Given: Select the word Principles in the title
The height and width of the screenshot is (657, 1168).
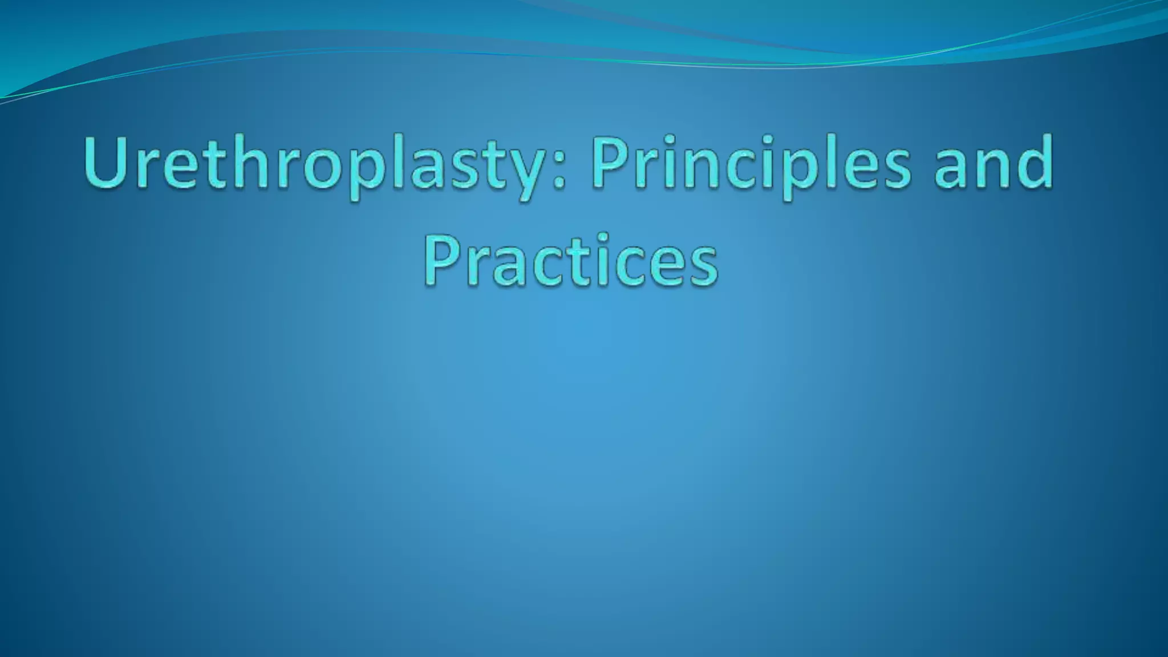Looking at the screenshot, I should tap(750, 165).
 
